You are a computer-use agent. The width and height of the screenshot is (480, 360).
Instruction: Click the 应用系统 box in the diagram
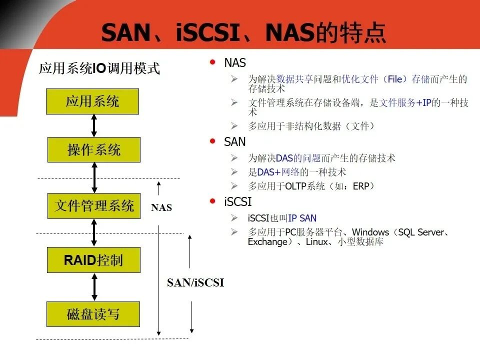click(x=92, y=102)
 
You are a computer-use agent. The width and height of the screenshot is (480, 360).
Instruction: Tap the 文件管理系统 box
click(x=94, y=205)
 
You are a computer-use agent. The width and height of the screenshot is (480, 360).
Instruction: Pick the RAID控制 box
click(x=93, y=260)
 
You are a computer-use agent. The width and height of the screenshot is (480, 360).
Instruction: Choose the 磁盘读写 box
click(x=93, y=314)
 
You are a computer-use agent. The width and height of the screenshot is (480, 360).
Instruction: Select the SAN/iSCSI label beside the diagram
click(x=195, y=283)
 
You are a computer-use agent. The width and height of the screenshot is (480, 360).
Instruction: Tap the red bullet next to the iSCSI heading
click(x=213, y=201)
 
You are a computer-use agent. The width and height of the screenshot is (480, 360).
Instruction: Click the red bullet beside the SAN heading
click(x=213, y=141)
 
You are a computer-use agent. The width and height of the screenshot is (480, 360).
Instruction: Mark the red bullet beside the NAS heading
click(x=213, y=62)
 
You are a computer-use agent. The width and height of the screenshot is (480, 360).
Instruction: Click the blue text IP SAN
click(x=302, y=218)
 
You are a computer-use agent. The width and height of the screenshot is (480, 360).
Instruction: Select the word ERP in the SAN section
click(x=360, y=186)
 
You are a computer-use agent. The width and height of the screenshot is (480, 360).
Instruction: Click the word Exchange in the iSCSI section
click(x=267, y=242)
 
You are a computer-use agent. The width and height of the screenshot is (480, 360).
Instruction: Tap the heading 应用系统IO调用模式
click(x=99, y=68)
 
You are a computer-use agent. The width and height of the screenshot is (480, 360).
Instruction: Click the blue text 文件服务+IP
click(x=404, y=103)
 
